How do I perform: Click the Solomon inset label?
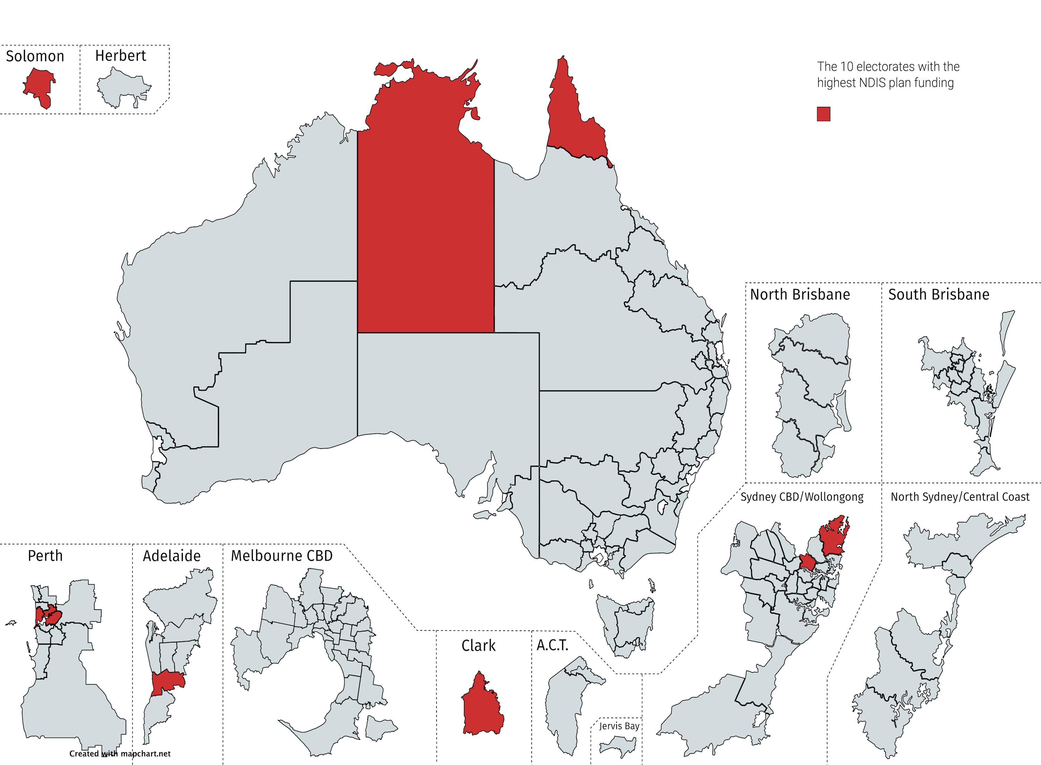point(35,57)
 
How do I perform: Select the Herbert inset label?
point(120,56)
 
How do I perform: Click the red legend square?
point(823,114)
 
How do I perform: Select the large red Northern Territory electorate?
point(425,209)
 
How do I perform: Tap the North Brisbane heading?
point(800,295)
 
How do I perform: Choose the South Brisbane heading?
point(938,295)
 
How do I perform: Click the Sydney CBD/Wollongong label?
point(802,497)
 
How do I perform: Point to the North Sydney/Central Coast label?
point(960,497)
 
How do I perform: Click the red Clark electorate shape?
point(482,708)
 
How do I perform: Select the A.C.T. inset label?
point(552,645)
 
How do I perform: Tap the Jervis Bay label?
point(619,726)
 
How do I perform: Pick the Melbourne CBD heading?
point(281,556)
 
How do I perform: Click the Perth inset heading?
point(45,556)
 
